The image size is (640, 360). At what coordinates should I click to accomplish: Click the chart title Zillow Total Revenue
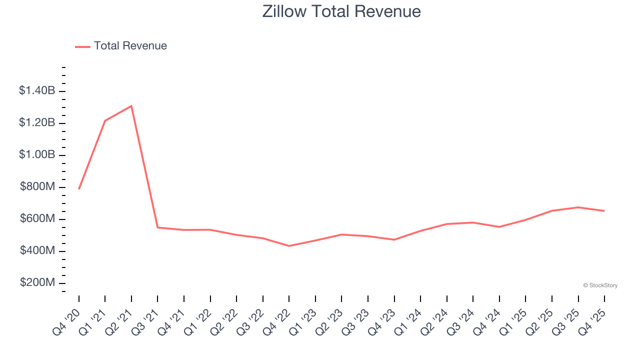coord(341,11)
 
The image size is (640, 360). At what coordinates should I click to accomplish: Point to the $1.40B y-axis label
coord(37,90)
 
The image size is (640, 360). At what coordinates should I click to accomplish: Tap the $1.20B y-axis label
coord(37,122)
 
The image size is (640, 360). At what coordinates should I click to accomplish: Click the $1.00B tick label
coord(37,154)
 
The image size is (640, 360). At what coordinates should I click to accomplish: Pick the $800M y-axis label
coord(37,186)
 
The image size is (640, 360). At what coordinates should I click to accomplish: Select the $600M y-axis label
coord(37,218)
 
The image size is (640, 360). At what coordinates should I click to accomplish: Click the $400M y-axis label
coord(37,250)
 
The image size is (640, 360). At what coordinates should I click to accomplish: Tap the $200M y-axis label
coord(37,282)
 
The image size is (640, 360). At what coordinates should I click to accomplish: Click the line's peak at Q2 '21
coord(131,105)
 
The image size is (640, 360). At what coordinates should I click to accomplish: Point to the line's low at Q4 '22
coord(289,246)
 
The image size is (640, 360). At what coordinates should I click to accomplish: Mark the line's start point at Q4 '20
coord(79,189)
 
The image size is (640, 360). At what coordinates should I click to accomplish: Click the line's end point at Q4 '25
coord(604,211)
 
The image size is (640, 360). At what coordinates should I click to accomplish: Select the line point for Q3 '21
coord(157,227)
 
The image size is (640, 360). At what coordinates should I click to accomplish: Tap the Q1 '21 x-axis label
coord(98,317)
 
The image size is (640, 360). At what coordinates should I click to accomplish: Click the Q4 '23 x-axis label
coord(387,317)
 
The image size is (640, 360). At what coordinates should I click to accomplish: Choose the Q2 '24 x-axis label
coord(440,317)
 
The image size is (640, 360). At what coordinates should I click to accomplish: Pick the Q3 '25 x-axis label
coord(571,317)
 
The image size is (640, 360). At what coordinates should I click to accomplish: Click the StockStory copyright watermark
coord(600,285)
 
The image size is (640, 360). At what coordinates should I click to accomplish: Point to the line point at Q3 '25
coord(578,207)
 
